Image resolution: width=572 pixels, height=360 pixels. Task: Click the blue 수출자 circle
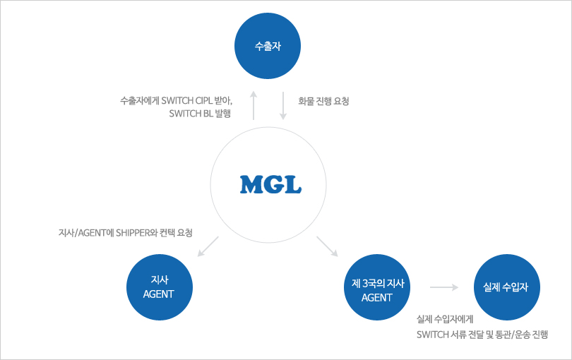(268, 46)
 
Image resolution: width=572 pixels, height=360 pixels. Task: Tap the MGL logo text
(270, 184)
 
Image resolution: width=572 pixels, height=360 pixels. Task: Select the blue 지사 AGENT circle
(160, 287)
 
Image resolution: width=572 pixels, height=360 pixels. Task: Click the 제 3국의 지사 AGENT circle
(377, 287)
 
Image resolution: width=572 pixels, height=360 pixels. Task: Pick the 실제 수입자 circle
(507, 287)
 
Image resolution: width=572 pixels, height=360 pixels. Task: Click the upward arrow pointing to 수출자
(254, 105)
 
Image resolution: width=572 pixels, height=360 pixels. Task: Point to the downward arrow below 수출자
(283, 105)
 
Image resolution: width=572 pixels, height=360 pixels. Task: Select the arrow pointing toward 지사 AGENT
(208, 246)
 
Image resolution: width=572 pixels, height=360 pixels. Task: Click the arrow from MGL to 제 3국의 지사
(327, 246)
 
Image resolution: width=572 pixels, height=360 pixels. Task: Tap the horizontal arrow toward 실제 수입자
(444, 287)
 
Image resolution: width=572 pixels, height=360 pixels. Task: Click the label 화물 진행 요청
(323, 101)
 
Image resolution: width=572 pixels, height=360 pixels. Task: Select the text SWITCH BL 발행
(200, 114)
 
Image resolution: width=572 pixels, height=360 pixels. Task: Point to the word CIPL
(203, 100)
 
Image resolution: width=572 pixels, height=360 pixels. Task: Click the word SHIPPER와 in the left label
(137, 233)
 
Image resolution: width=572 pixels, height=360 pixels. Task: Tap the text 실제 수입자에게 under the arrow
(445, 319)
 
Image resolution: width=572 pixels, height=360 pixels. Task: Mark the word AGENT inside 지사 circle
(159, 294)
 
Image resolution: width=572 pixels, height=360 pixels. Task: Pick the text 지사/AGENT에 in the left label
(86, 233)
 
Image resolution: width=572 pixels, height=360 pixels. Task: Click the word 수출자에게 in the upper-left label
(140, 100)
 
